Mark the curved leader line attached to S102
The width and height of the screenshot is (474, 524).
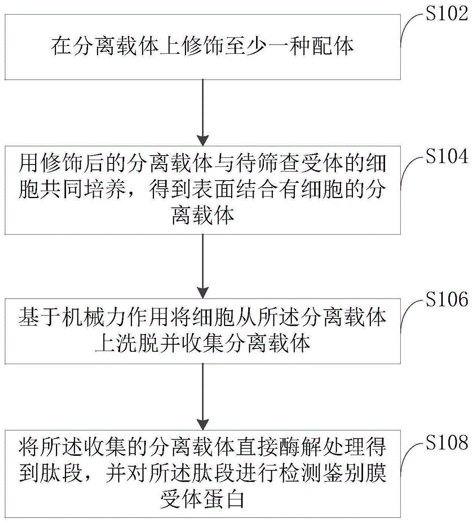pyautogui.click(x=409, y=29)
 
